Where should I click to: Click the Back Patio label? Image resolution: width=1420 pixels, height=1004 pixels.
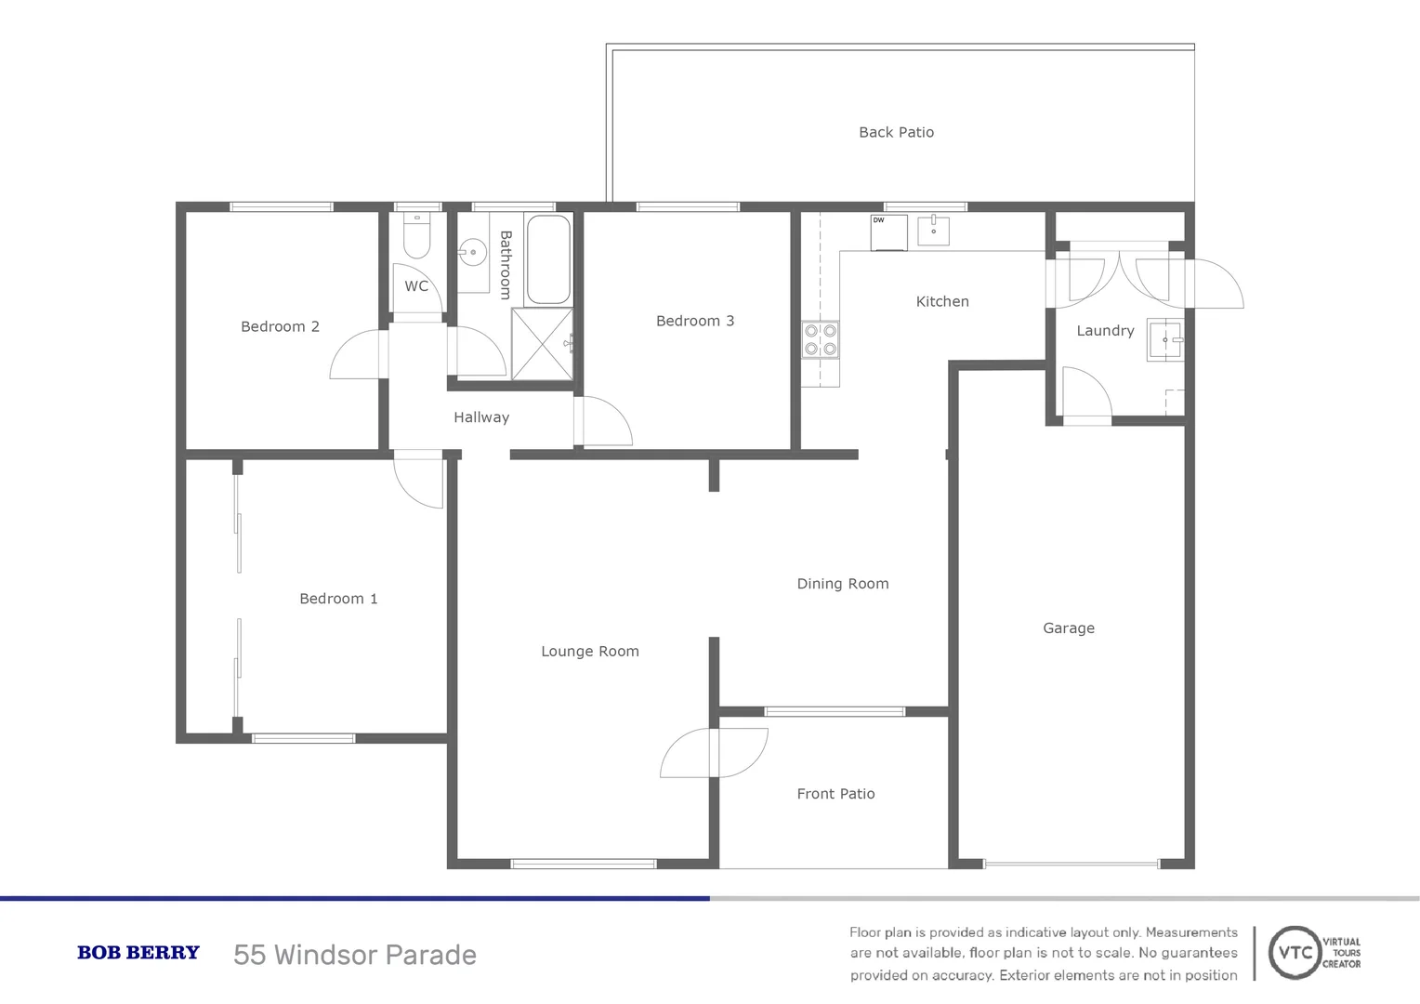point(896,132)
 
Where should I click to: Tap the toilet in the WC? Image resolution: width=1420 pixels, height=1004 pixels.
point(416,238)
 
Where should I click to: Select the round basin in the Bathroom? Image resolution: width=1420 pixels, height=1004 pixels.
point(473,252)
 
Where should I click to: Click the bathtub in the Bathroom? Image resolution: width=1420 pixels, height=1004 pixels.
point(548,259)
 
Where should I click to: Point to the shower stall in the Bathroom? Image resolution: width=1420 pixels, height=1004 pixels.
point(542,344)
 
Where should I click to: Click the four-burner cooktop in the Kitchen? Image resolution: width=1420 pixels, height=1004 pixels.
point(821,339)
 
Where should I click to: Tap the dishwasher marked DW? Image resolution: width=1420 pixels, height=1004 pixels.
point(888,232)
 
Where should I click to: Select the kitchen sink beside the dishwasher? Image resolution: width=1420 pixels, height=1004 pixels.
point(933,230)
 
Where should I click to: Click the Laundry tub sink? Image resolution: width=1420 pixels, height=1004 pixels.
point(1164,339)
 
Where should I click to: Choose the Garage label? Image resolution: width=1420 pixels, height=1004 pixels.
point(1069,628)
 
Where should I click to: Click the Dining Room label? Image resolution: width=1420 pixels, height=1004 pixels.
point(843,584)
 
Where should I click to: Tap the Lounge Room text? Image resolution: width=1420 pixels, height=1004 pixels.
point(590,652)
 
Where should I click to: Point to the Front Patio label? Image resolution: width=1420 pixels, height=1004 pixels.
point(835,794)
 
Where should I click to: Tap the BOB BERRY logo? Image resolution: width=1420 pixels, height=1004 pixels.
point(138,953)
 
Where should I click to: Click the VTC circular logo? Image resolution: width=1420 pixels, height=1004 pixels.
point(1295,953)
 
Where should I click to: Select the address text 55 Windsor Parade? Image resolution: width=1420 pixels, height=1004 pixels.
point(355,955)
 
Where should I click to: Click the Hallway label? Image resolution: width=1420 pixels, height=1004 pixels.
point(481,417)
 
